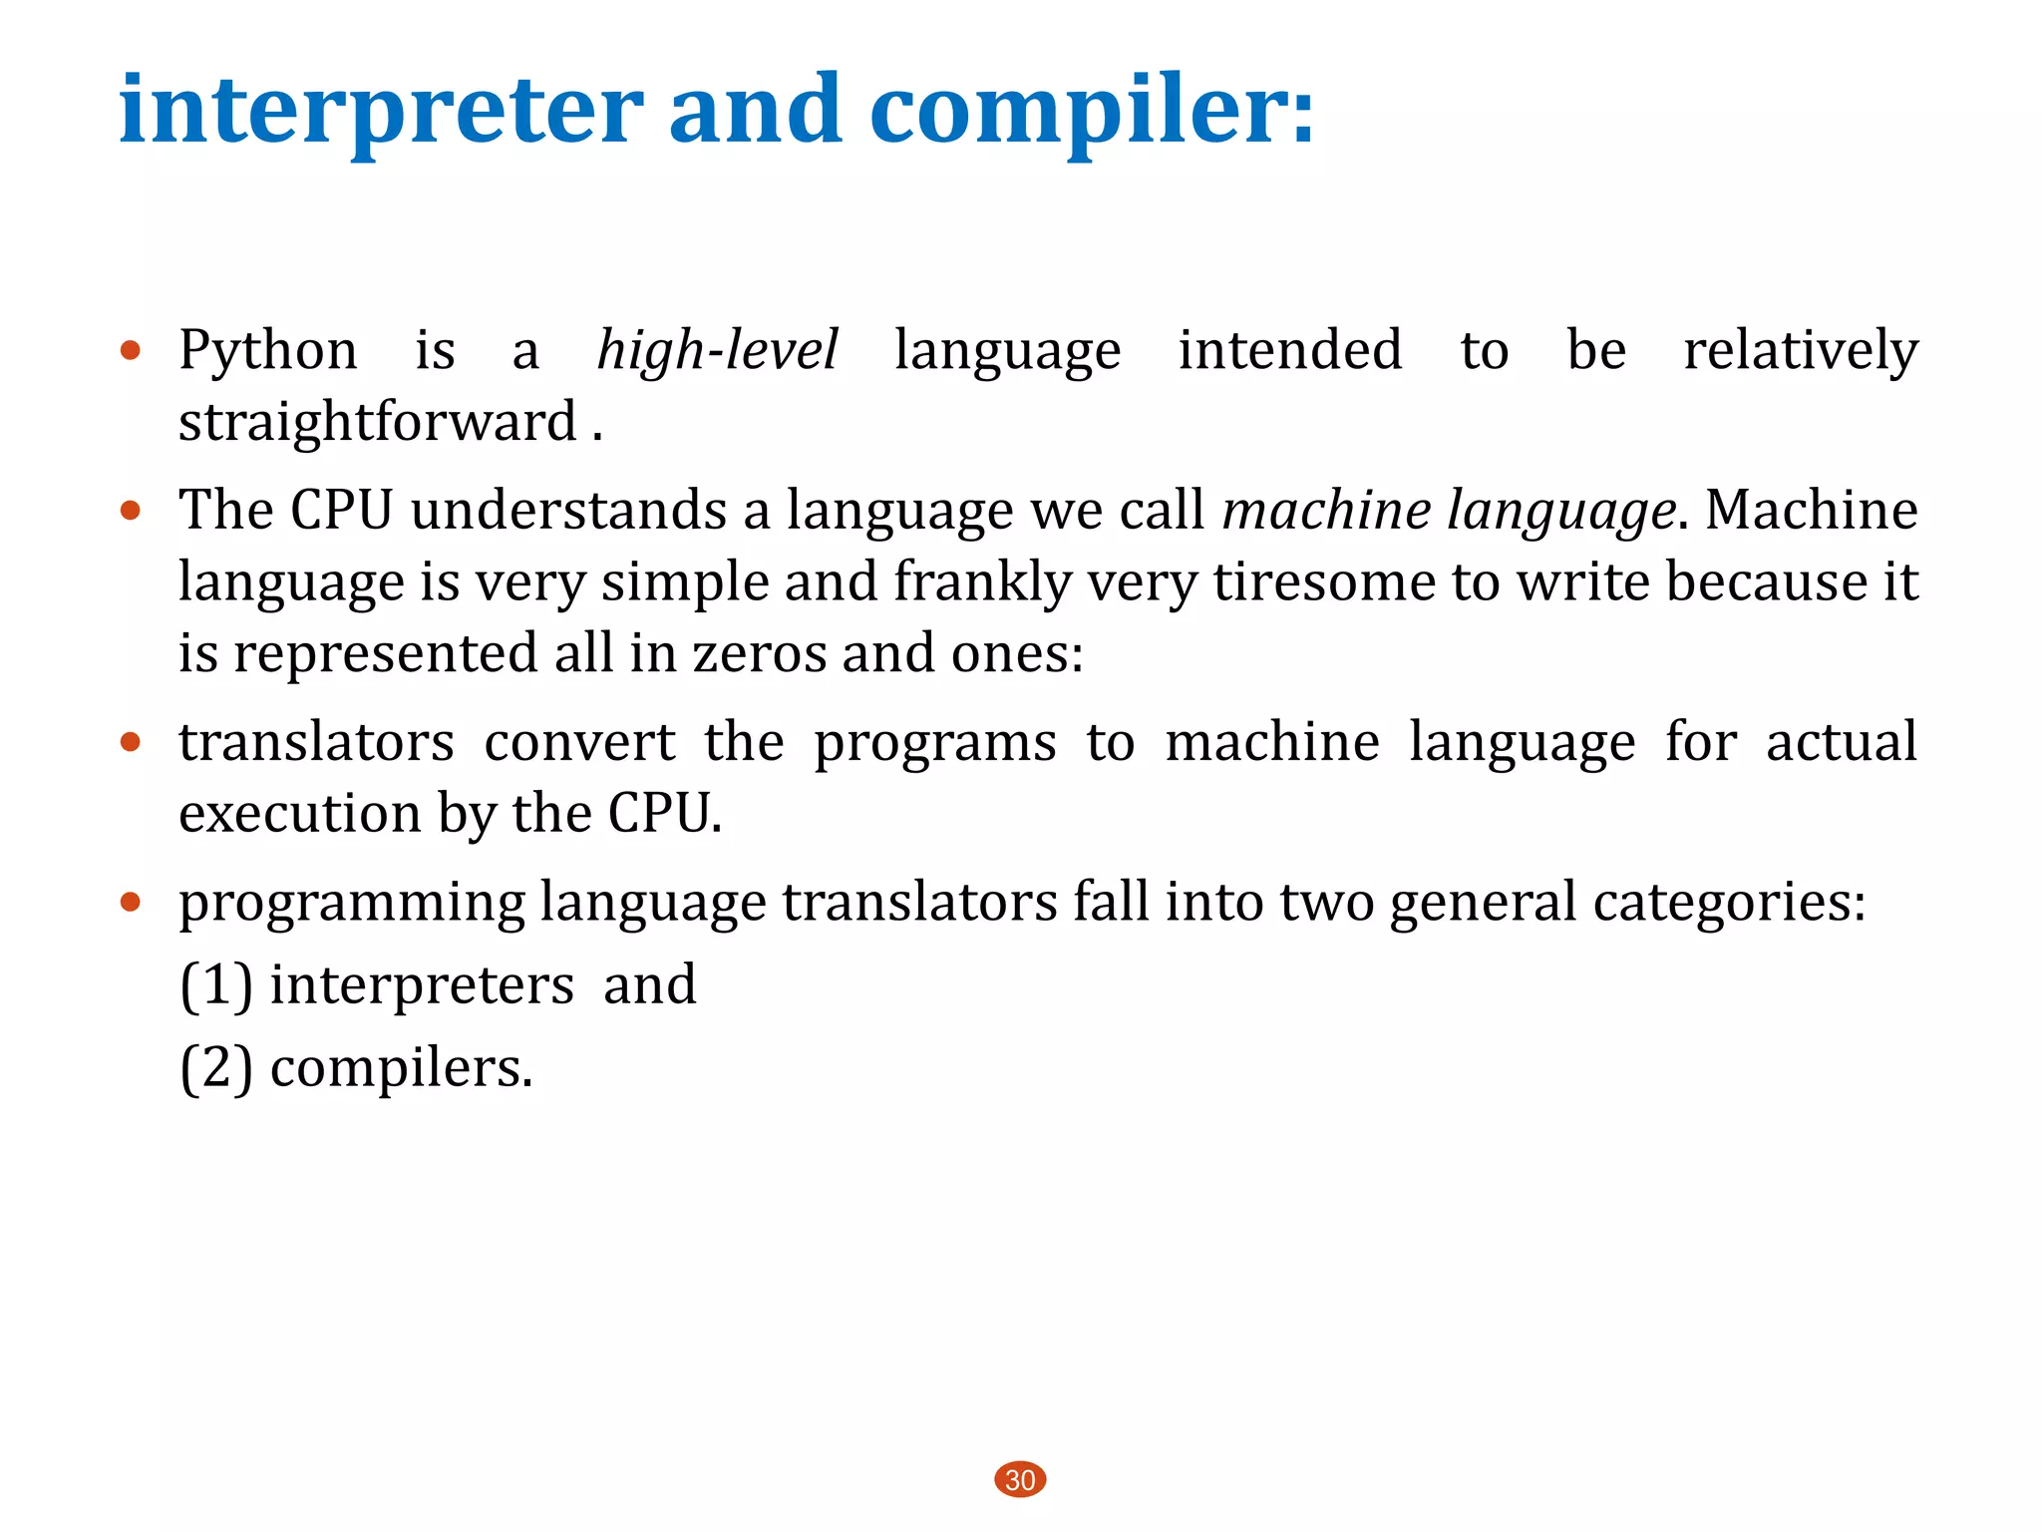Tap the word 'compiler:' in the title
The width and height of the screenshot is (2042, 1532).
pyautogui.click(x=1092, y=110)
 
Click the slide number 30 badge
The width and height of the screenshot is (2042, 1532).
pyautogui.click(x=1020, y=1479)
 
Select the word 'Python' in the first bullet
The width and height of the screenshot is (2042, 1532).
pyautogui.click(x=267, y=351)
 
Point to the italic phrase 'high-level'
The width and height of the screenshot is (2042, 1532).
pyautogui.click(x=717, y=351)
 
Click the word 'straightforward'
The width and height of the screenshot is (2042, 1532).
pyautogui.click(x=378, y=422)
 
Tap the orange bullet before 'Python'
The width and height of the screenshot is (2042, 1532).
pyautogui.click(x=131, y=350)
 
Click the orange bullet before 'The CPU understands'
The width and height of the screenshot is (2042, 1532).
pyautogui.click(x=131, y=511)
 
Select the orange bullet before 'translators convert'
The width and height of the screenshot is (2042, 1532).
pyautogui.click(x=131, y=742)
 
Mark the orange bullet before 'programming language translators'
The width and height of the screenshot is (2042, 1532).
pyautogui.click(x=131, y=903)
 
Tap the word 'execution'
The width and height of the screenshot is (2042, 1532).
pyautogui.click(x=300, y=814)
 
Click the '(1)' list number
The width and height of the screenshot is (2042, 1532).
pyautogui.click(x=215, y=985)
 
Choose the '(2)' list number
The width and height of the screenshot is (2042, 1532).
pyautogui.click(x=215, y=1068)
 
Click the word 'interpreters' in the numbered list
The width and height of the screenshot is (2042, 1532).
pyautogui.click(x=422, y=985)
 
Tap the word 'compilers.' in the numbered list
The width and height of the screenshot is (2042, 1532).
pyautogui.click(x=401, y=1068)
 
